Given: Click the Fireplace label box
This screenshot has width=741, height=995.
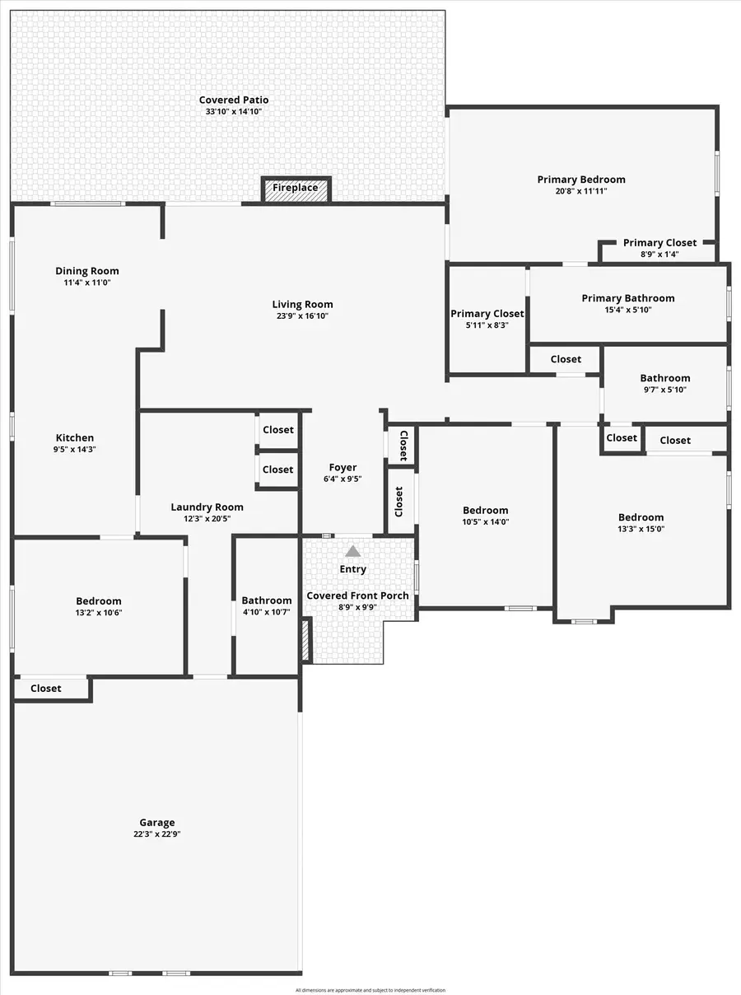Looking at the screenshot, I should tap(296, 189).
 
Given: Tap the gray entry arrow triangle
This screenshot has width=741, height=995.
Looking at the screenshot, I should tap(352, 551).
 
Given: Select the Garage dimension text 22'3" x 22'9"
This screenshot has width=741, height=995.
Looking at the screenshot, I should tap(156, 834).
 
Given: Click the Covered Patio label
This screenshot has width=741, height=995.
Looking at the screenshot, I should tap(234, 100).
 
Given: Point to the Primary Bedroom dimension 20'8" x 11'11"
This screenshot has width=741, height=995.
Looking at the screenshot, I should tap(581, 191).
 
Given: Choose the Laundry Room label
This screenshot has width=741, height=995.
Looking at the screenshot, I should tap(207, 507).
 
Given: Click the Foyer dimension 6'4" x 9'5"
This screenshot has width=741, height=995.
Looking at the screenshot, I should tap(343, 479).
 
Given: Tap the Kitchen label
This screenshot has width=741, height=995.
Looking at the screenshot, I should tap(75, 438).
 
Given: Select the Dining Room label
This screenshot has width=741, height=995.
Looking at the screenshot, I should tap(87, 271).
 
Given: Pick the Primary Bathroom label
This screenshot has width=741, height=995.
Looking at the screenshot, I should tap(627, 298).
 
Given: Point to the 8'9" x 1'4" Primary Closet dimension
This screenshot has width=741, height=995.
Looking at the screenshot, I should tap(659, 255).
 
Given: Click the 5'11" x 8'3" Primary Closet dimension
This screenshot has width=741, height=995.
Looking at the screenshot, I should tap(487, 325).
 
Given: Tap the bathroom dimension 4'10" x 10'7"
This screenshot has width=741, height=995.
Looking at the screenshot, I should tap(266, 612).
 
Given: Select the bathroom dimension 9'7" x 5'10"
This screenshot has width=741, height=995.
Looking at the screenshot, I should tap(665, 390).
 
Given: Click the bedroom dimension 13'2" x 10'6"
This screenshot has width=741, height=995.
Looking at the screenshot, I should tap(99, 613).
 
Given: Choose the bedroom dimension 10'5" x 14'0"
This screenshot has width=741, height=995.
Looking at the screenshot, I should tap(485, 522).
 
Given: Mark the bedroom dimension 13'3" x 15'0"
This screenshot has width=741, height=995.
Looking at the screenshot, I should tap(641, 530).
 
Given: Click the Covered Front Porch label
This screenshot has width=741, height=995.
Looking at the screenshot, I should tap(357, 596).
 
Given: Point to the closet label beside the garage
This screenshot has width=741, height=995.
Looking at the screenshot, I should tap(46, 689).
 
